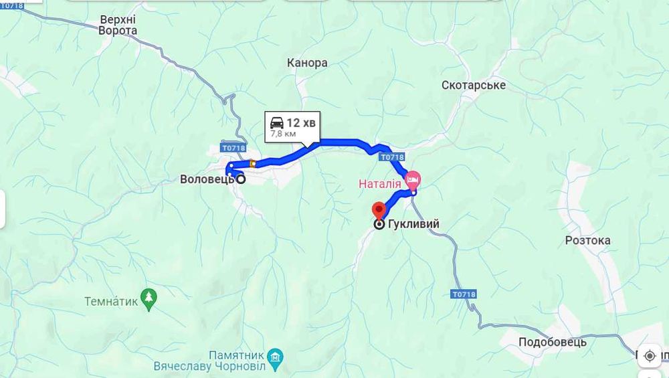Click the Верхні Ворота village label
click(x=118, y=25)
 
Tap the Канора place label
click(x=307, y=63)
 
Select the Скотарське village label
click(x=474, y=85)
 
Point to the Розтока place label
click(x=587, y=240)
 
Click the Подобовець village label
click(x=553, y=342)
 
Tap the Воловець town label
click(x=207, y=179)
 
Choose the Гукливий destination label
click(x=415, y=224)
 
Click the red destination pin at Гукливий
click(x=379, y=209)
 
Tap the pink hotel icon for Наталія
click(x=413, y=179)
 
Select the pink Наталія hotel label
click(x=380, y=183)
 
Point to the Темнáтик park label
click(x=111, y=302)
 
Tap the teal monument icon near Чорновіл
click(x=274, y=355)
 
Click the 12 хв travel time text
click(x=301, y=122)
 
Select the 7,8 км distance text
click(x=283, y=134)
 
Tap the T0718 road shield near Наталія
click(x=391, y=157)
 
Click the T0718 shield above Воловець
click(x=233, y=147)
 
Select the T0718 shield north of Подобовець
click(x=463, y=294)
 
